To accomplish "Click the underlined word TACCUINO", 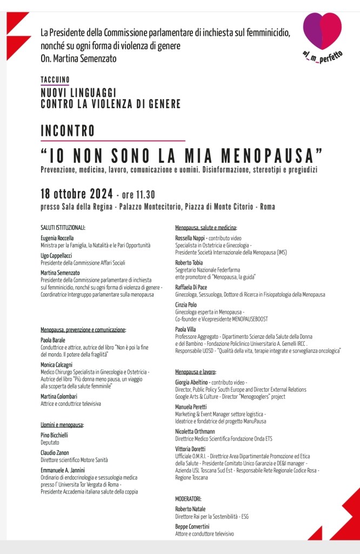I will (55, 80).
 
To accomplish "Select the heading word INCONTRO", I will (68, 131).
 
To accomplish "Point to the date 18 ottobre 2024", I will (77, 194).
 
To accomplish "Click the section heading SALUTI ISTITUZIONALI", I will (63, 228).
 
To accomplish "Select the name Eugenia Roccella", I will (57, 238).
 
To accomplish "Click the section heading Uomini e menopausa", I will (62, 425).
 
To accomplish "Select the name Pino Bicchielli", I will (54, 435).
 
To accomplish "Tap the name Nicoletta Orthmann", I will (195, 431).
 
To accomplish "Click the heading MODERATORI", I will (188, 498).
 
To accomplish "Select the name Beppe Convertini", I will (192, 526).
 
